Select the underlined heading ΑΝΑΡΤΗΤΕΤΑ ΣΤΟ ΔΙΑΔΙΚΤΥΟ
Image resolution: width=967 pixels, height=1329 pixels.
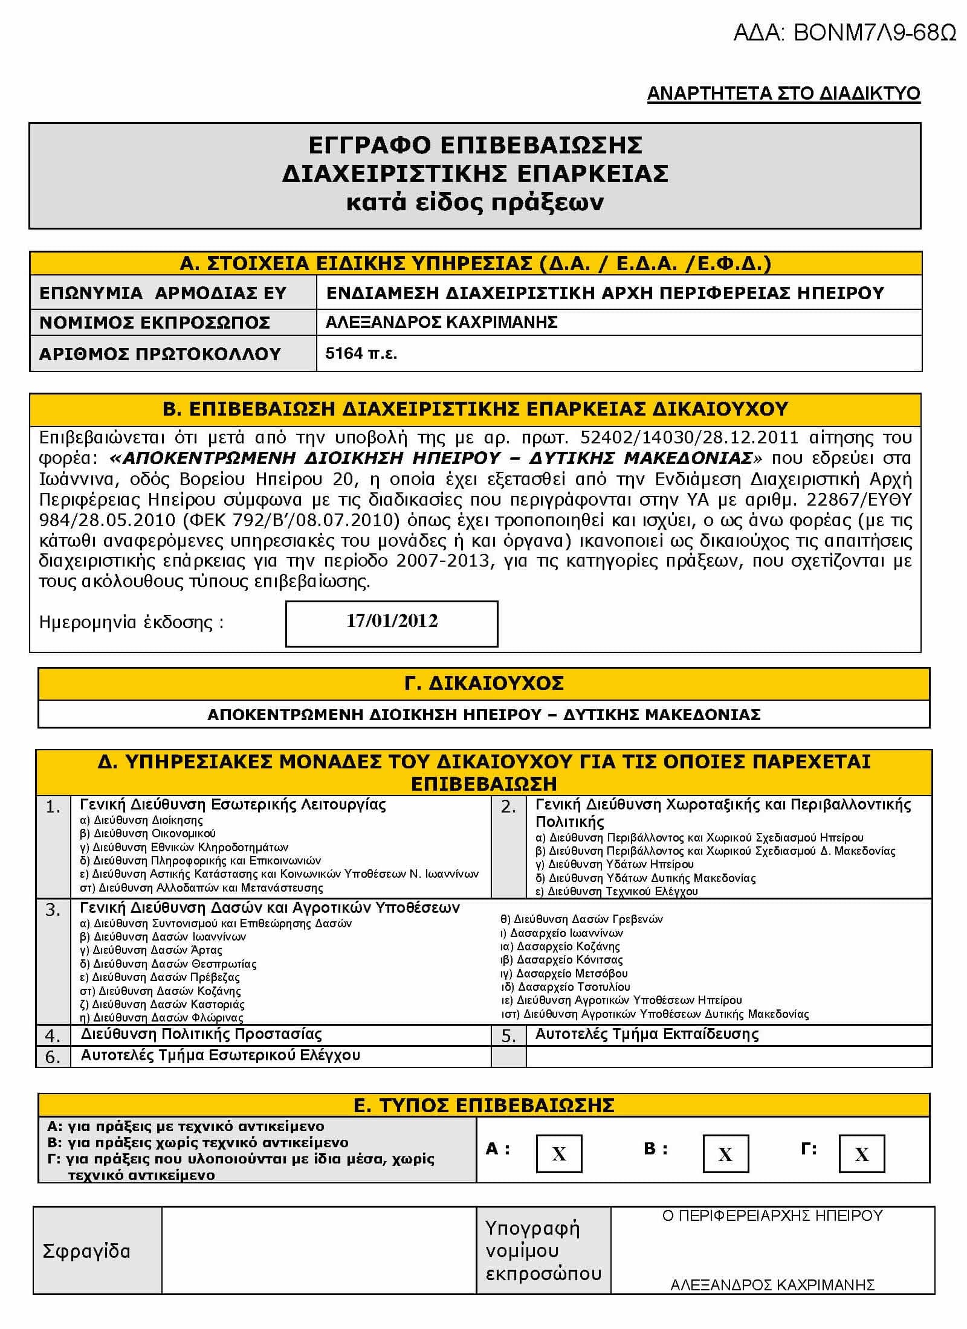(x=783, y=94)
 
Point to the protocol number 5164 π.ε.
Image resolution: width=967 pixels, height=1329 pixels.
(x=361, y=353)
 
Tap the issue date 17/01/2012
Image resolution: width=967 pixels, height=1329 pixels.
(x=392, y=621)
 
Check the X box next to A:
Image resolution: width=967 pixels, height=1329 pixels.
(x=559, y=1154)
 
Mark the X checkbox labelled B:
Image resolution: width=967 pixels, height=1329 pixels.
(x=725, y=1154)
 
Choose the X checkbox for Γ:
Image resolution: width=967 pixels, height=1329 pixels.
(x=861, y=1154)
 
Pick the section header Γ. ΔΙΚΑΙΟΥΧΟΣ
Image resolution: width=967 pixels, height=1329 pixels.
(x=483, y=683)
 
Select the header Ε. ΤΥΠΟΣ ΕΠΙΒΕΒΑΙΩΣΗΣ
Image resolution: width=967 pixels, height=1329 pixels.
(x=483, y=1105)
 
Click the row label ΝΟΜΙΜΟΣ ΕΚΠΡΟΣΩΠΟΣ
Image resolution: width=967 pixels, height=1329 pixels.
(x=155, y=323)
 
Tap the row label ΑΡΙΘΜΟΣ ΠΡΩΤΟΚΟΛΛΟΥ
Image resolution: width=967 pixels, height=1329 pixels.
(x=160, y=353)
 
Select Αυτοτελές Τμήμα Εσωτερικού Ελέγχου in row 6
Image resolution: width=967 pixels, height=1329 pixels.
(x=221, y=1055)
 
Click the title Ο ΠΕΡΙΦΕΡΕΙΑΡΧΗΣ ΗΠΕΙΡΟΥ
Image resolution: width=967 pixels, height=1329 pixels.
(x=772, y=1215)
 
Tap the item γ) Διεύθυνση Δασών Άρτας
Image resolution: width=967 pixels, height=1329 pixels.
(x=151, y=950)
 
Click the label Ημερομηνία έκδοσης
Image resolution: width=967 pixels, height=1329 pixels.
(x=131, y=622)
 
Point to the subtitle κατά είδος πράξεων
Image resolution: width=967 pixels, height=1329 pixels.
(x=474, y=202)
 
